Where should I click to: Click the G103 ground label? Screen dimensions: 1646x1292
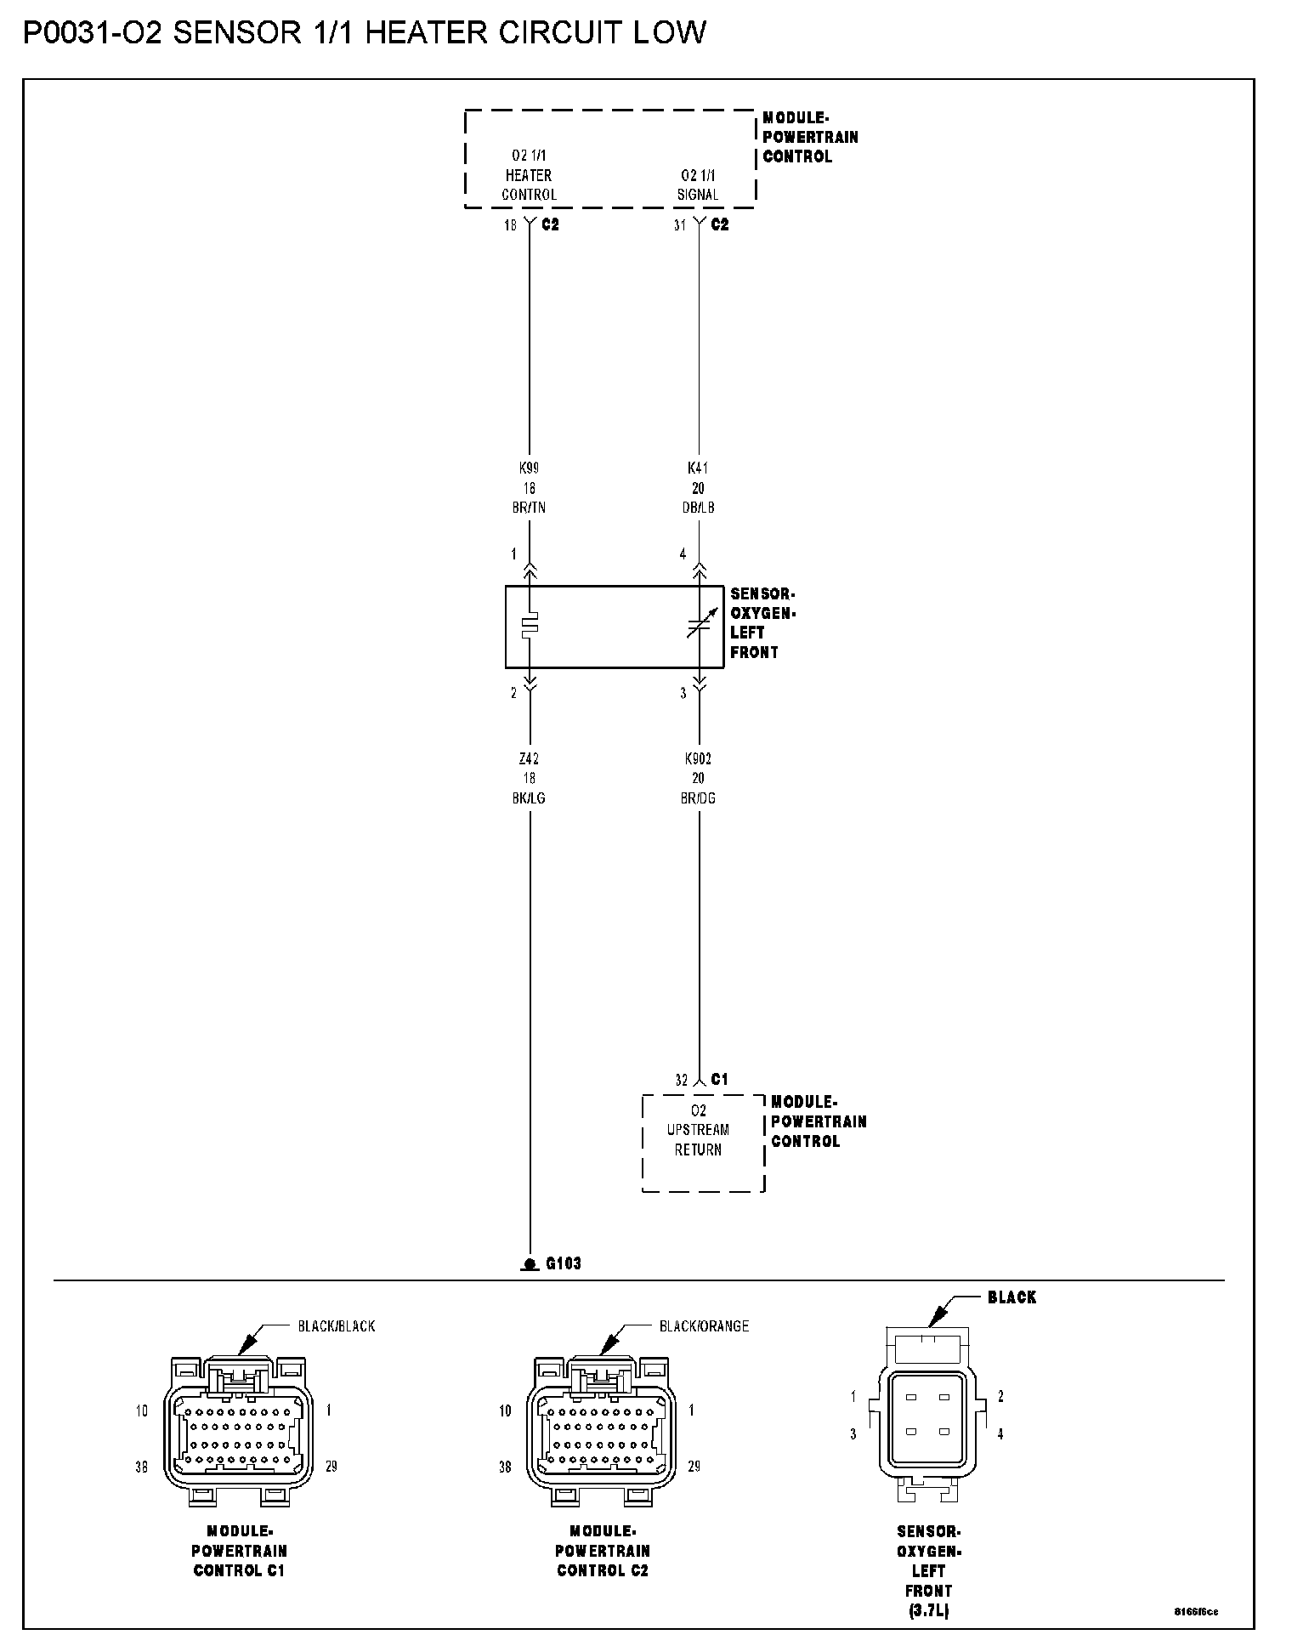pyautogui.click(x=563, y=1263)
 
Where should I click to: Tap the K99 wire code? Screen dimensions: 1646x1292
pyautogui.click(x=529, y=468)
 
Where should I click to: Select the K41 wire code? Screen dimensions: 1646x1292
pyautogui.click(x=698, y=468)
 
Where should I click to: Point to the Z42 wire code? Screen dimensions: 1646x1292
pyautogui.click(x=529, y=758)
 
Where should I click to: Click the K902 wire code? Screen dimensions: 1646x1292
pyautogui.click(x=698, y=758)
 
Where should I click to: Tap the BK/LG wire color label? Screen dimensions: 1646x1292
pyautogui.click(x=529, y=798)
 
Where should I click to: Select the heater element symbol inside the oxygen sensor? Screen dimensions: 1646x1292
pyautogui.click(x=530, y=626)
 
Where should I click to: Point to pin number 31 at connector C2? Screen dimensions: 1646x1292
pyautogui.click(x=679, y=226)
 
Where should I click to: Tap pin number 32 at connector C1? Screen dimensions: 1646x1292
pyautogui.click(x=681, y=1081)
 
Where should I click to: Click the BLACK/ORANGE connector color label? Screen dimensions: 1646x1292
pyautogui.click(x=704, y=1325)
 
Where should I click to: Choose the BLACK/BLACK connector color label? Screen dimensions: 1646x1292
pyautogui.click(x=336, y=1325)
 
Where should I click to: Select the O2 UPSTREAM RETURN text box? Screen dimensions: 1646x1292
pyautogui.click(x=698, y=1131)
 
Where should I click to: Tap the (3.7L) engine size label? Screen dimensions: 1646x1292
pyautogui.click(x=928, y=1610)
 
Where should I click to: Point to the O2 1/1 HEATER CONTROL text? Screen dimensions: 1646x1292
pyautogui.click(x=529, y=175)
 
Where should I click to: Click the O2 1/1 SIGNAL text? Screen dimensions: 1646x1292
pyautogui.click(x=698, y=184)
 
